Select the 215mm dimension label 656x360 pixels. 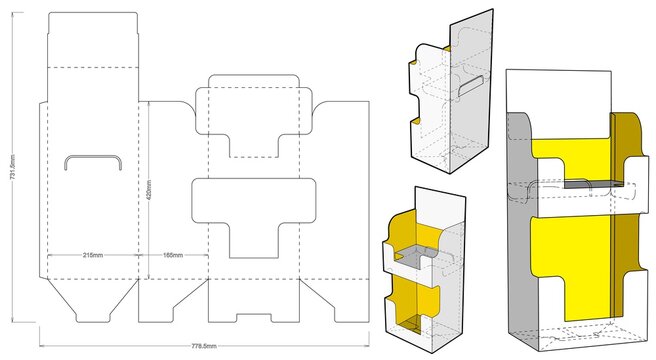pyautogui.click(x=94, y=255)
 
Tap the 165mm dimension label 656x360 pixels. pyautogui.click(x=172, y=255)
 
